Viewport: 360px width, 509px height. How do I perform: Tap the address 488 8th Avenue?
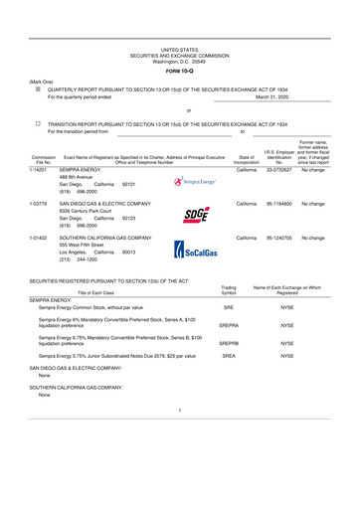click(x=81, y=178)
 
